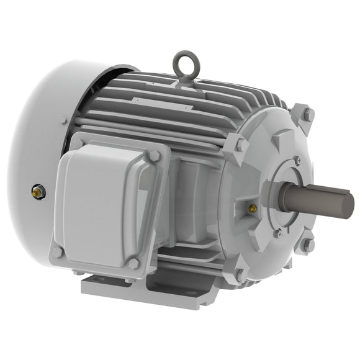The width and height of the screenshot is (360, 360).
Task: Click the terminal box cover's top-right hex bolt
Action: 153,156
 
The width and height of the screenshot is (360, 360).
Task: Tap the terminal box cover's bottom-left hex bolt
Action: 58,251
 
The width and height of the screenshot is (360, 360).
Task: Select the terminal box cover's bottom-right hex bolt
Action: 133,263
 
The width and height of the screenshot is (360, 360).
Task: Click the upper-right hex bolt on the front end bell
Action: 307,114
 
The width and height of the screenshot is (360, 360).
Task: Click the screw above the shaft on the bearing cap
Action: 297,161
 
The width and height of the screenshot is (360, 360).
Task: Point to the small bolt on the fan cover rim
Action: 63,120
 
